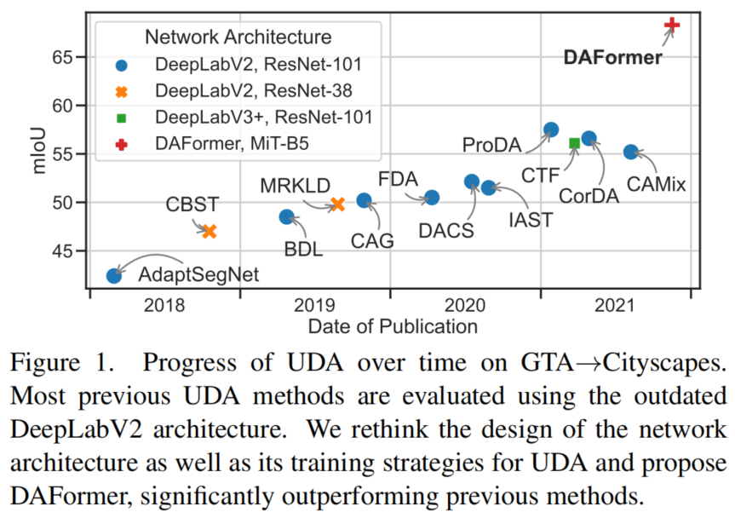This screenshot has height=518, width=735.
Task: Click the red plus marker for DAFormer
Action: coord(672,25)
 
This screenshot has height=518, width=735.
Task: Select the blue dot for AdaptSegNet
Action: coord(114,276)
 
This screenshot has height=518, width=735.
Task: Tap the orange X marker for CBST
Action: coord(210,231)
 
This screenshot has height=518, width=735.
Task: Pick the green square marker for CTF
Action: coord(574,143)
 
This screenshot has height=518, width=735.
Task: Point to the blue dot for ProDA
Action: coord(551,129)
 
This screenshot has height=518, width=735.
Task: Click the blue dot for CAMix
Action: coord(631,152)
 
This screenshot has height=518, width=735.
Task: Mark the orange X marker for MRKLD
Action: coord(337,204)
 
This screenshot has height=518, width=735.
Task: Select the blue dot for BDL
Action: coord(286,217)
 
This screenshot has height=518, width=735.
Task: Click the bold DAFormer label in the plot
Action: coord(612,57)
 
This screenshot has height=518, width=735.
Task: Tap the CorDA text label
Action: coord(589,196)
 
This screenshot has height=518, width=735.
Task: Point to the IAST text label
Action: coord(531,220)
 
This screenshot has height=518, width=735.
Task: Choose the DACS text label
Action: coord(446,231)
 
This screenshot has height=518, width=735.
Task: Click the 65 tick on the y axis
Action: coord(62,58)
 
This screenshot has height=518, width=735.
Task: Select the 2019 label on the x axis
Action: coord(314,305)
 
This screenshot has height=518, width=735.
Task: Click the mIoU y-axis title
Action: coord(39,151)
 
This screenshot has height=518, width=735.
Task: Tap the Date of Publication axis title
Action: coord(393,326)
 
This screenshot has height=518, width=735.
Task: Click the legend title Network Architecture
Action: coord(238,37)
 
